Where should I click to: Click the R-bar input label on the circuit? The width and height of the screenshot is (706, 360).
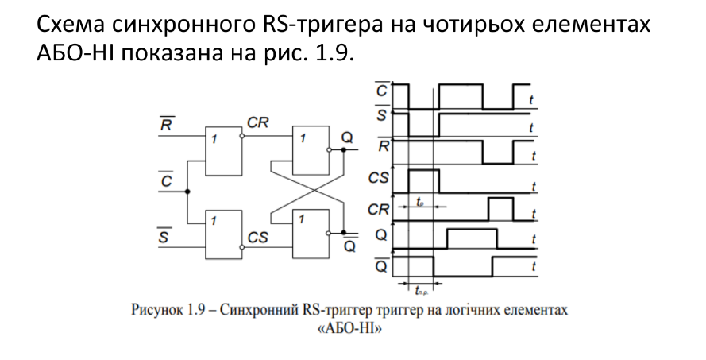tap(167, 125)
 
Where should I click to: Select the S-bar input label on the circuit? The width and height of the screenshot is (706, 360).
tap(165, 235)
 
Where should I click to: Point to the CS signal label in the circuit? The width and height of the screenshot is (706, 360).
tap(257, 236)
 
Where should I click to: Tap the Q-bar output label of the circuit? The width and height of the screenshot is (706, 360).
tap(349, 244)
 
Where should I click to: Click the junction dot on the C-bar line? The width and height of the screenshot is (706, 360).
tap(187, 192)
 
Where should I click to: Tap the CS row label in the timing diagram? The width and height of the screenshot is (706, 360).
tap(379, 180)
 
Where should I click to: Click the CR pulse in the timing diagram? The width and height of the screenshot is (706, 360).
tap(500, 209)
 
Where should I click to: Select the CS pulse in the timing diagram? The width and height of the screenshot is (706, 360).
tap(422, 179)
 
